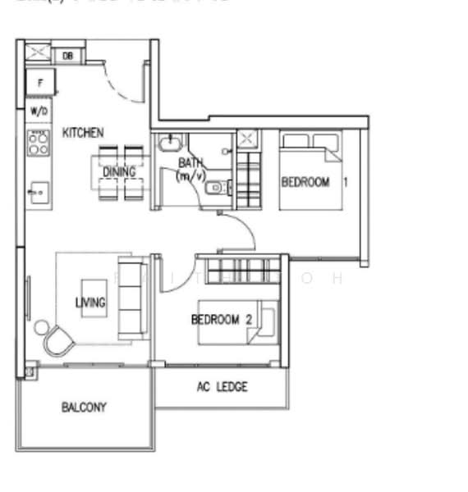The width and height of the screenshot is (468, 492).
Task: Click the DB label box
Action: (x=67, y=56)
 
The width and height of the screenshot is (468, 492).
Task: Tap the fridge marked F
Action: (x=40, y=81)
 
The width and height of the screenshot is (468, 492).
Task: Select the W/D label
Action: (x=38, y=111)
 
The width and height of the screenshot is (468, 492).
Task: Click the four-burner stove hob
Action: (x=39, y=143)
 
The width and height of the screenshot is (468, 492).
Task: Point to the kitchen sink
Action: (x=38, y=194)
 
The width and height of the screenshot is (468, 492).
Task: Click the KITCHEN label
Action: (x=83, y=132)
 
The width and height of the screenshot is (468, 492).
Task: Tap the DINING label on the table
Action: (x=119, y=172)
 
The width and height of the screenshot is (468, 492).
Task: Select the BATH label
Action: (x=190, y=163)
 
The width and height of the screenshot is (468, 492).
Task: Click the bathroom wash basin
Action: (x=167, y=145)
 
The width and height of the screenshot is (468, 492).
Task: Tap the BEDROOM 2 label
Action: (x=221, y=320)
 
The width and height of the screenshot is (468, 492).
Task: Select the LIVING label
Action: (x=90, y=303)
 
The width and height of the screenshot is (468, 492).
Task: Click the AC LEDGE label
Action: (x=222, y=387)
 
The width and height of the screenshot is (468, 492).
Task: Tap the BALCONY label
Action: (x=83, y=407)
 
